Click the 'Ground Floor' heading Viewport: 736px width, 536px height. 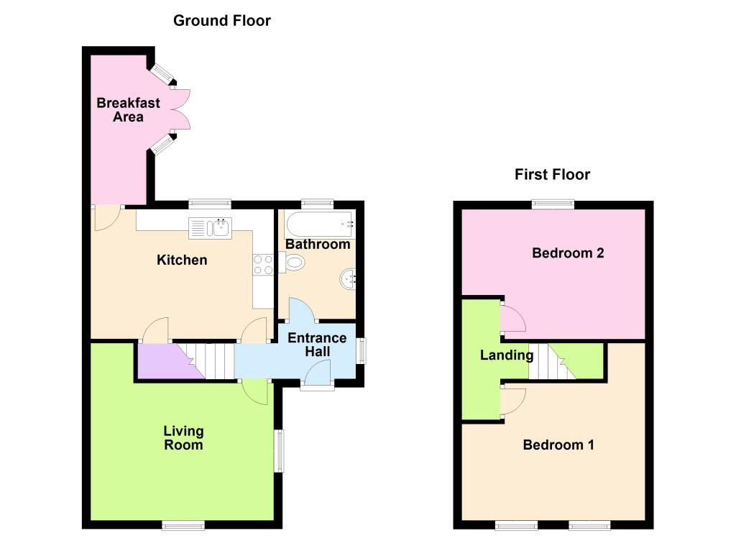click(x=222, y=21)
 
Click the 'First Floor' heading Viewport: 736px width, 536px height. click(x=552, y=174)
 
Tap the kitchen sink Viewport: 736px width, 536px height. click(x=211, y=228)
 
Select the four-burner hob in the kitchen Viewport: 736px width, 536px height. click(x=263, y=265)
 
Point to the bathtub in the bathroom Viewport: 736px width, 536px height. click(x=320, y=224)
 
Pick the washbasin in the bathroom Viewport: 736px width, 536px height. click(x=348, y=279)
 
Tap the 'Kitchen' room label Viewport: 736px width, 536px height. click(x=182, y=260)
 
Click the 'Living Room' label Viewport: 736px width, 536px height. click(x=183, y=438)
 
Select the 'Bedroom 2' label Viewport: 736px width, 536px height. click(x=568, y=253)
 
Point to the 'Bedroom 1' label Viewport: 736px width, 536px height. click(x=558, y=445)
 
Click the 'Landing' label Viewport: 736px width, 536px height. click(x=507, y=355)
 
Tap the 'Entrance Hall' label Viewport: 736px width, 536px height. click(x=317, y=345)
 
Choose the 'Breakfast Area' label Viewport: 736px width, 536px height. click(x=128, y=110)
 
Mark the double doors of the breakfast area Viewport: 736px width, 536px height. click(x=180, y=109)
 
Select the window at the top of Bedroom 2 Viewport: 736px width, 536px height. click(x=553, y=204)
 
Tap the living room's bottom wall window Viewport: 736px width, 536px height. click(x=183, y=524)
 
